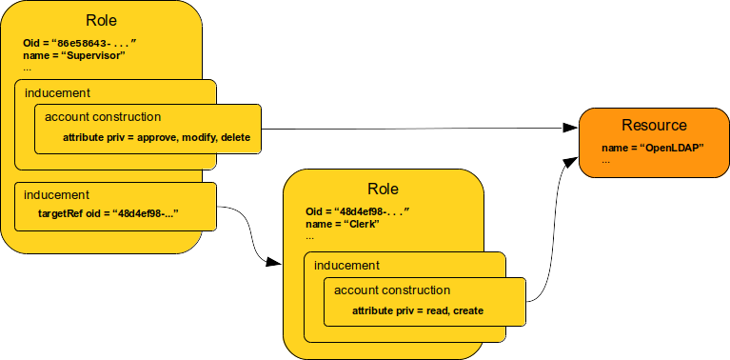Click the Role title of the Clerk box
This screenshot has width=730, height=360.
[383, 189]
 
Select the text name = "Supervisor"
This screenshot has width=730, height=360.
[74, 56]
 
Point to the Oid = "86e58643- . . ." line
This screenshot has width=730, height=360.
[80, 44]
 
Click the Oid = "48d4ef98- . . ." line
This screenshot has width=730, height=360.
[357, 210]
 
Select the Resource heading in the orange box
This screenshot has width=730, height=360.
[654, 126]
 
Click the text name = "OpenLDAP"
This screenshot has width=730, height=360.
[646, 149]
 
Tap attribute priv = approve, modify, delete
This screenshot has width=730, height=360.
[156, 138]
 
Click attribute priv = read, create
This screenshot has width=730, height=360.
[418, 310]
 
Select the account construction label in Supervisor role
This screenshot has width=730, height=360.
[103, 117]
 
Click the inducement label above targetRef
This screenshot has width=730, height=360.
[57, 194]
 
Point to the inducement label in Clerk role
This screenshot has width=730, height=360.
[346, 265]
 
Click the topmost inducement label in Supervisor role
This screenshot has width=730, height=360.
[57, 93]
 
